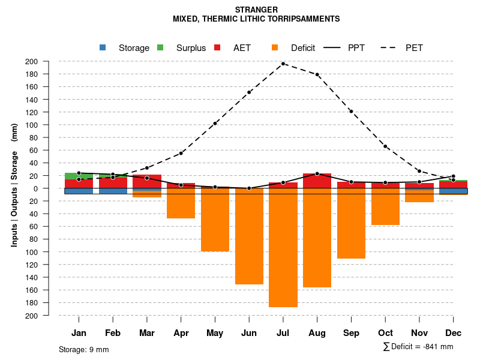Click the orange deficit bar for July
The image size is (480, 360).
coord(283,247)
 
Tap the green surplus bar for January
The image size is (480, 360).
coord(79,176)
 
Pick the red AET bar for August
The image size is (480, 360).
coord(317,181)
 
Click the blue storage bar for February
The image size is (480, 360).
coord(113,191)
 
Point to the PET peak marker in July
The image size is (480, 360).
coord(283,64)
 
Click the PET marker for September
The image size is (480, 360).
coord(351,112)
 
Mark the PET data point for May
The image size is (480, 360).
coord(215,124)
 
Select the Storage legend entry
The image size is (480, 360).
coord(126,48)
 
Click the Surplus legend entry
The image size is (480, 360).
coord(183,48)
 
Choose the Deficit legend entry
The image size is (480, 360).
coord(294,48)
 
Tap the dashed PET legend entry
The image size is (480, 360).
coord(405,48)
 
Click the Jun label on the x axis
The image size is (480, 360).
coord(249,333)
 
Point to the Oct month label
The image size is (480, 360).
coord(385,333)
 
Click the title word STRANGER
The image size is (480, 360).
coord(256,10)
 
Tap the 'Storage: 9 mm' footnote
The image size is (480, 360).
coord(84,349)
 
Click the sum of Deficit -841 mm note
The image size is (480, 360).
coord(418,347)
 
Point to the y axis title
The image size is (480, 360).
coord(14,185)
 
